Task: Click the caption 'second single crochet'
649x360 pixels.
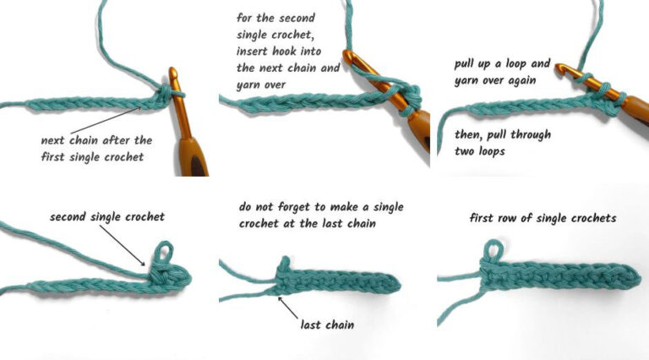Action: tap(106, 217)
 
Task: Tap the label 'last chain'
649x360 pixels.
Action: tap(329, 324)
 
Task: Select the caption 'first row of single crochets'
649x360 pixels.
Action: tap(543, 218)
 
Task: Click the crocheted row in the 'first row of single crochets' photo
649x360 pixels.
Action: tap(558, 280)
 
